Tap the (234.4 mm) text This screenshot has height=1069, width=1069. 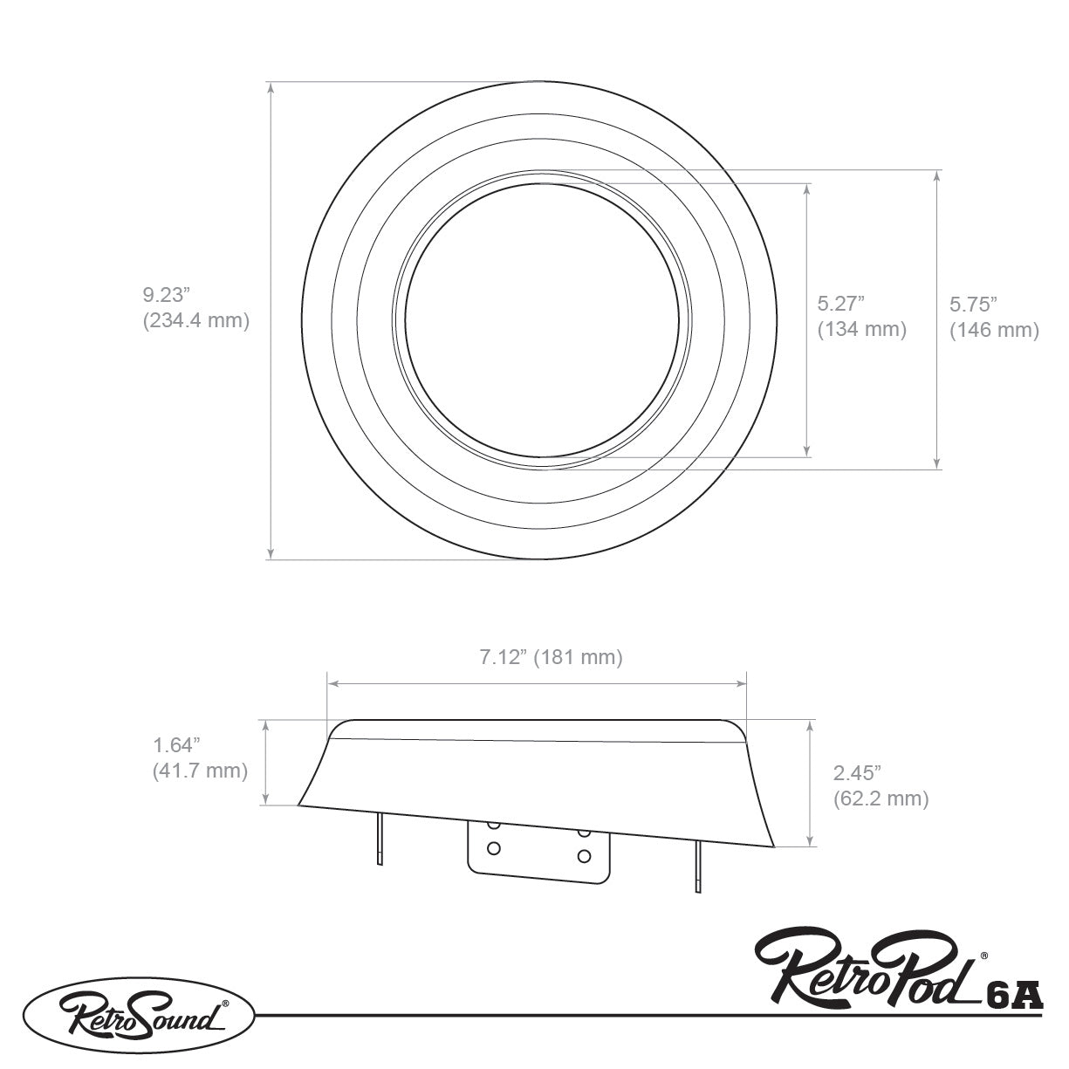pos(196,320)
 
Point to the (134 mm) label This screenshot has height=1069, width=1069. pos(862,329)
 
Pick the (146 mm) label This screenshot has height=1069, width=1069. pos(994,330)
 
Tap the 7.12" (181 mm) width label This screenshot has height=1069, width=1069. pos(551,657)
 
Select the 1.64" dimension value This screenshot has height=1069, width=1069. pos(176,745)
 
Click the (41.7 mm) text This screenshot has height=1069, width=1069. pos(200,771)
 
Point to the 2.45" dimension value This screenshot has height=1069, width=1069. pos(857,773)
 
